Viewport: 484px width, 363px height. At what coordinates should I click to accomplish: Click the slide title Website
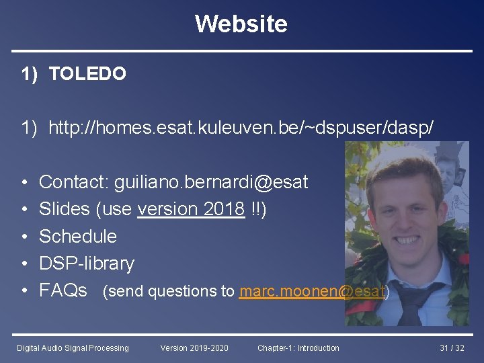tap(241, 24)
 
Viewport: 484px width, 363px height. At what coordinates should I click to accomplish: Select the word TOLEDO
tap(87, 74)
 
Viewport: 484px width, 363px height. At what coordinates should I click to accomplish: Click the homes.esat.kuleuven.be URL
tap(245, 127)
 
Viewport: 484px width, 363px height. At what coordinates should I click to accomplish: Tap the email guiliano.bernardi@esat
tap(210, 182)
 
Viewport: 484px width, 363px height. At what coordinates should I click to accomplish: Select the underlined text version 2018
tap(191, 209)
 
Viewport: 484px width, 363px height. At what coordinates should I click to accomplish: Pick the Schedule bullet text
tap(78, 237)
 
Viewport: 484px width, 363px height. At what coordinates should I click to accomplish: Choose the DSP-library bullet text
tap(87, 264)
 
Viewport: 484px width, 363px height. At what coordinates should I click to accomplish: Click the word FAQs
tap(63, 290)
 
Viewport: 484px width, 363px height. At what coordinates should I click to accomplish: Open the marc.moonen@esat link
tap(312, 292)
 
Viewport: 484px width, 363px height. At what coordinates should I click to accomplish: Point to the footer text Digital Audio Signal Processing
tap(73, 348)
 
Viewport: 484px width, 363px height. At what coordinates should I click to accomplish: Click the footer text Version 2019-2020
tap(194, 348)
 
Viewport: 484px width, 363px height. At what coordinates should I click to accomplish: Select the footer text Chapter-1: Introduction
tap(298, 348)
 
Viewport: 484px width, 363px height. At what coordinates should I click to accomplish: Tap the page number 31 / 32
tap(452, 348)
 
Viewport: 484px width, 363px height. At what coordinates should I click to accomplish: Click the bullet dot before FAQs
tap(24, 291)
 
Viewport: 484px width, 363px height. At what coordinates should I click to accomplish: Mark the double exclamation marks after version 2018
tap(256, 209)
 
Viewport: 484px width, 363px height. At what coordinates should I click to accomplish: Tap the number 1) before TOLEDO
tap(29, 74)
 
